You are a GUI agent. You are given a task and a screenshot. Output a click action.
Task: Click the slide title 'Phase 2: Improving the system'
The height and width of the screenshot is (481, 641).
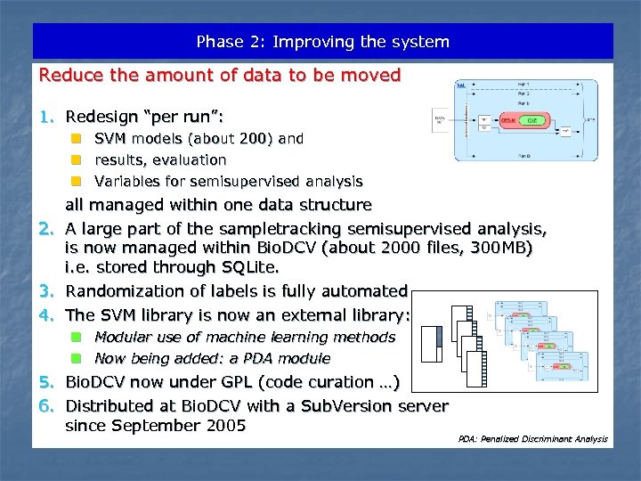point(322,42)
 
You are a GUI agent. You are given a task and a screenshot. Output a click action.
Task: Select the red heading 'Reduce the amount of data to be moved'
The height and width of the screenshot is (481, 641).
point(220,76)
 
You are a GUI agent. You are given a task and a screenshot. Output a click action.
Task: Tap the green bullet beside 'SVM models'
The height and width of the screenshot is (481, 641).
point(77,139)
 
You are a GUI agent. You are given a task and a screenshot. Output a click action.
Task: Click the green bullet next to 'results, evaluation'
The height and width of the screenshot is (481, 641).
point(77,160)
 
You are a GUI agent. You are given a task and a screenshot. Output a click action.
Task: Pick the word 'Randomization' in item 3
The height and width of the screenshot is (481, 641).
point(121,291)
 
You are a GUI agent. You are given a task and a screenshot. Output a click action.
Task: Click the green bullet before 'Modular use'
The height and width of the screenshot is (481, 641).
point(77,338)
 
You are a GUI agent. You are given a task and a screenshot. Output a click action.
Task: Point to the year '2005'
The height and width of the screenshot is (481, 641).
point(225,427)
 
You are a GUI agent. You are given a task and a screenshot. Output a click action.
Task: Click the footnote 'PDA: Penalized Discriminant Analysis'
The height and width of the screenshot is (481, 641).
point(532,439)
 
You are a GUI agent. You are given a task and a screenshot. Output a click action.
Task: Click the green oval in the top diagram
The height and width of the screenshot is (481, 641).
point(532,119)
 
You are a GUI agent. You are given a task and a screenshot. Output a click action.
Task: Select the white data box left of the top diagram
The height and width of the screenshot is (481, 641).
point(440,119)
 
